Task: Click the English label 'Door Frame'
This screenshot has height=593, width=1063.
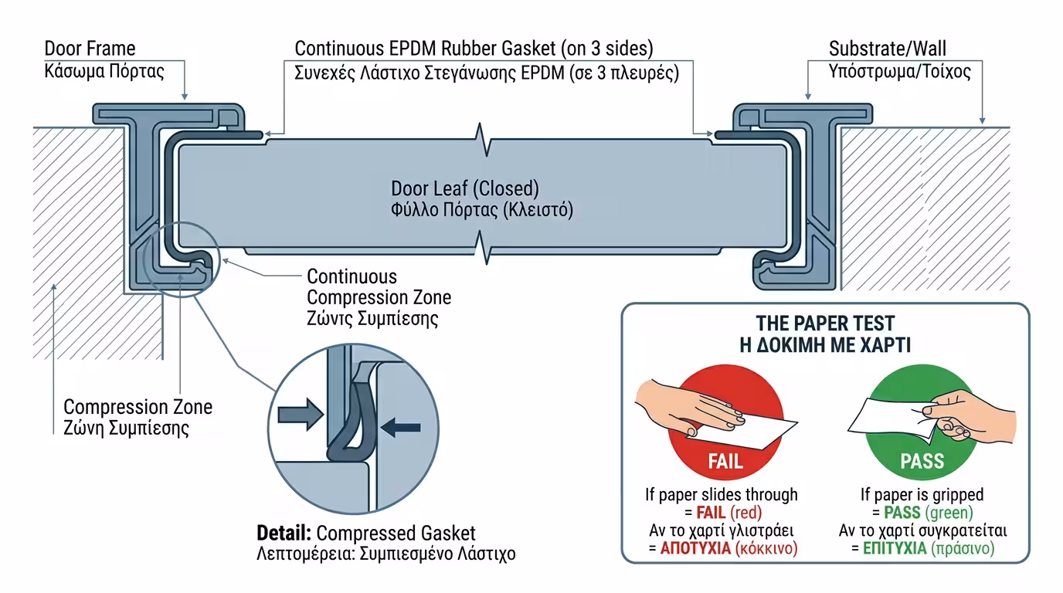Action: [90, 49]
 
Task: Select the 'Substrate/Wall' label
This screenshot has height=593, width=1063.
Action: [888, 49]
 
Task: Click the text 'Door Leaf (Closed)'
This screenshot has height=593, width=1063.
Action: [464, 188]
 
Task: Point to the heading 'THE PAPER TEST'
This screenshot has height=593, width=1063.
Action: [825, 323]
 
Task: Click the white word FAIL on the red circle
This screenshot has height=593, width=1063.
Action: [725, 462]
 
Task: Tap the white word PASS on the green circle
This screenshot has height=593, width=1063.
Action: [922, 462]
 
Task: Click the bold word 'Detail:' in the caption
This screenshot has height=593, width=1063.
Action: [284, 534]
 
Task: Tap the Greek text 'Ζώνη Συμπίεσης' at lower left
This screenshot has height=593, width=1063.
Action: [126, 428]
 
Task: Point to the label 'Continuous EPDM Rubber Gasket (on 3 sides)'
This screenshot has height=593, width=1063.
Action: [474, 49]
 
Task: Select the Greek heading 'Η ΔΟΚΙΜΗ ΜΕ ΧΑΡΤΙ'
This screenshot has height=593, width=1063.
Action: [825, 344]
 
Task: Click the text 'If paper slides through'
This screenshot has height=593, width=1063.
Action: [722, 494]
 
